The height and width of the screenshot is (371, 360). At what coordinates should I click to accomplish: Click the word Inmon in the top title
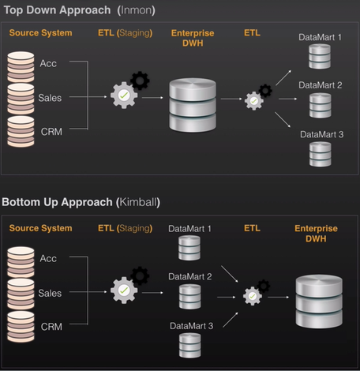click(x=136, y=10)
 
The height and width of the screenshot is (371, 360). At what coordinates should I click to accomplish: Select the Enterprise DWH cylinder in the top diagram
click(x=193, y=105)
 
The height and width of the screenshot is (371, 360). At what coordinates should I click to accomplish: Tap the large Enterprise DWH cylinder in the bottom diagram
click(x=319, y=302)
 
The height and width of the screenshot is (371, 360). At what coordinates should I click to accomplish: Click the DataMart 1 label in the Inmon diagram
click(x=320, y=37)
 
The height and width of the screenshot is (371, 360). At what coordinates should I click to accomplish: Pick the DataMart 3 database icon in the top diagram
click(x=321, y=154)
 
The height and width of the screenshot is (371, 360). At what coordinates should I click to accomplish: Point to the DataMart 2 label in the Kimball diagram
click(x=190, y=276)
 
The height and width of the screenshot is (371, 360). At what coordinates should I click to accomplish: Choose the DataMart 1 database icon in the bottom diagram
click(x=189, y=248)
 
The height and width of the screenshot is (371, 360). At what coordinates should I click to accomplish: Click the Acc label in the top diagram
click(x=48, y=63)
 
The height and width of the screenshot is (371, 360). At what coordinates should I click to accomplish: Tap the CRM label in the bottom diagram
click(x=51, y=327)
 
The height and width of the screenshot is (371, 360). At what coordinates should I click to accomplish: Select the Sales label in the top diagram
click(x=50, y=98)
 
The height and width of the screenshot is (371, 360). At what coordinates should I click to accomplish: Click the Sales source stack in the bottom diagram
click(x=21, y=294)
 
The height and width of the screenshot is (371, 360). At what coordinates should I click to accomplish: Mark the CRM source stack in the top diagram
click(x=21, y=131)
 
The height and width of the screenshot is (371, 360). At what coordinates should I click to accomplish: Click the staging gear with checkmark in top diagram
click(x=124, y=96)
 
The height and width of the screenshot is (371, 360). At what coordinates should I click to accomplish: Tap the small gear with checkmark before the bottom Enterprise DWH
click(x=253, y=296)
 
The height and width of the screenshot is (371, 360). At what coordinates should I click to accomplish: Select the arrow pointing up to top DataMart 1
click(x=283, y=78)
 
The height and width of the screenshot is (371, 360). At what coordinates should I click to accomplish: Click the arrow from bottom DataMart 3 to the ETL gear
click(x=231, y=320)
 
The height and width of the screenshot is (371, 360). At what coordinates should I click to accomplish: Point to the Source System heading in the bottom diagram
click(x=40, y=228)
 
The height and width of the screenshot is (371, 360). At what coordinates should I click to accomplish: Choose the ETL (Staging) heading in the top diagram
click(x=125, y=33)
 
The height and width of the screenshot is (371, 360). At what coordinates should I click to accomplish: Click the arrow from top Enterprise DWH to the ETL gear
click(x=231, y=99)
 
